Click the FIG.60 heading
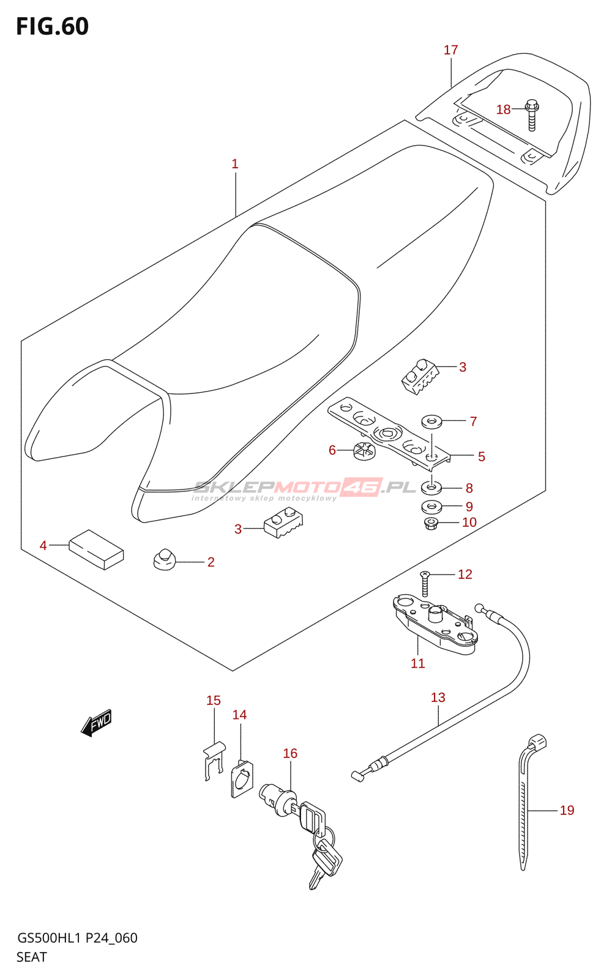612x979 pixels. pyautogui.click(x=53, y=26)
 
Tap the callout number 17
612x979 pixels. pyautogui.click(x=451, y=50)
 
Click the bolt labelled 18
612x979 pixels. pyautogui.click(x=532, y=115)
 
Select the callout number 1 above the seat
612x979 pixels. pyautogui.click(x=235, y=164)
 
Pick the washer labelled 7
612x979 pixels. pyautogui.click(x=432, y=421)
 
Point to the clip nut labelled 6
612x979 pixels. pyautogui.click(x=364, y=452)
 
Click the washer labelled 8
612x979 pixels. pyautogui.click(x=432, y=488)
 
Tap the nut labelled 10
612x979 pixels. pyautogui.click(x=431, y=523)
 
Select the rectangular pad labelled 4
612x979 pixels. pyautogui.click(x=96, y=549)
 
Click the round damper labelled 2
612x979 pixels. pyautogui.click(x=164, y=559)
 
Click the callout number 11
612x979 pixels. pyautogui.click(x=418, y=663)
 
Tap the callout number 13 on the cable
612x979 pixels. pyautogui.click(x=438, y=698)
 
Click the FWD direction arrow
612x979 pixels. pyautogui.click(x=97, y=723)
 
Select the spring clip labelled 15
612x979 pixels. pyautogui.click(x=213, y=760)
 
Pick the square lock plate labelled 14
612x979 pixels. pyautogui.click(x=242, y=779)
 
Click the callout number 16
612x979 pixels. pyautogui.click(x=290, y=753)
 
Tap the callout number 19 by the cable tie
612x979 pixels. pyautogui.click(x=567, y=810)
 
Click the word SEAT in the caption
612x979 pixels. pyautogui.click(x=32, y=957)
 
